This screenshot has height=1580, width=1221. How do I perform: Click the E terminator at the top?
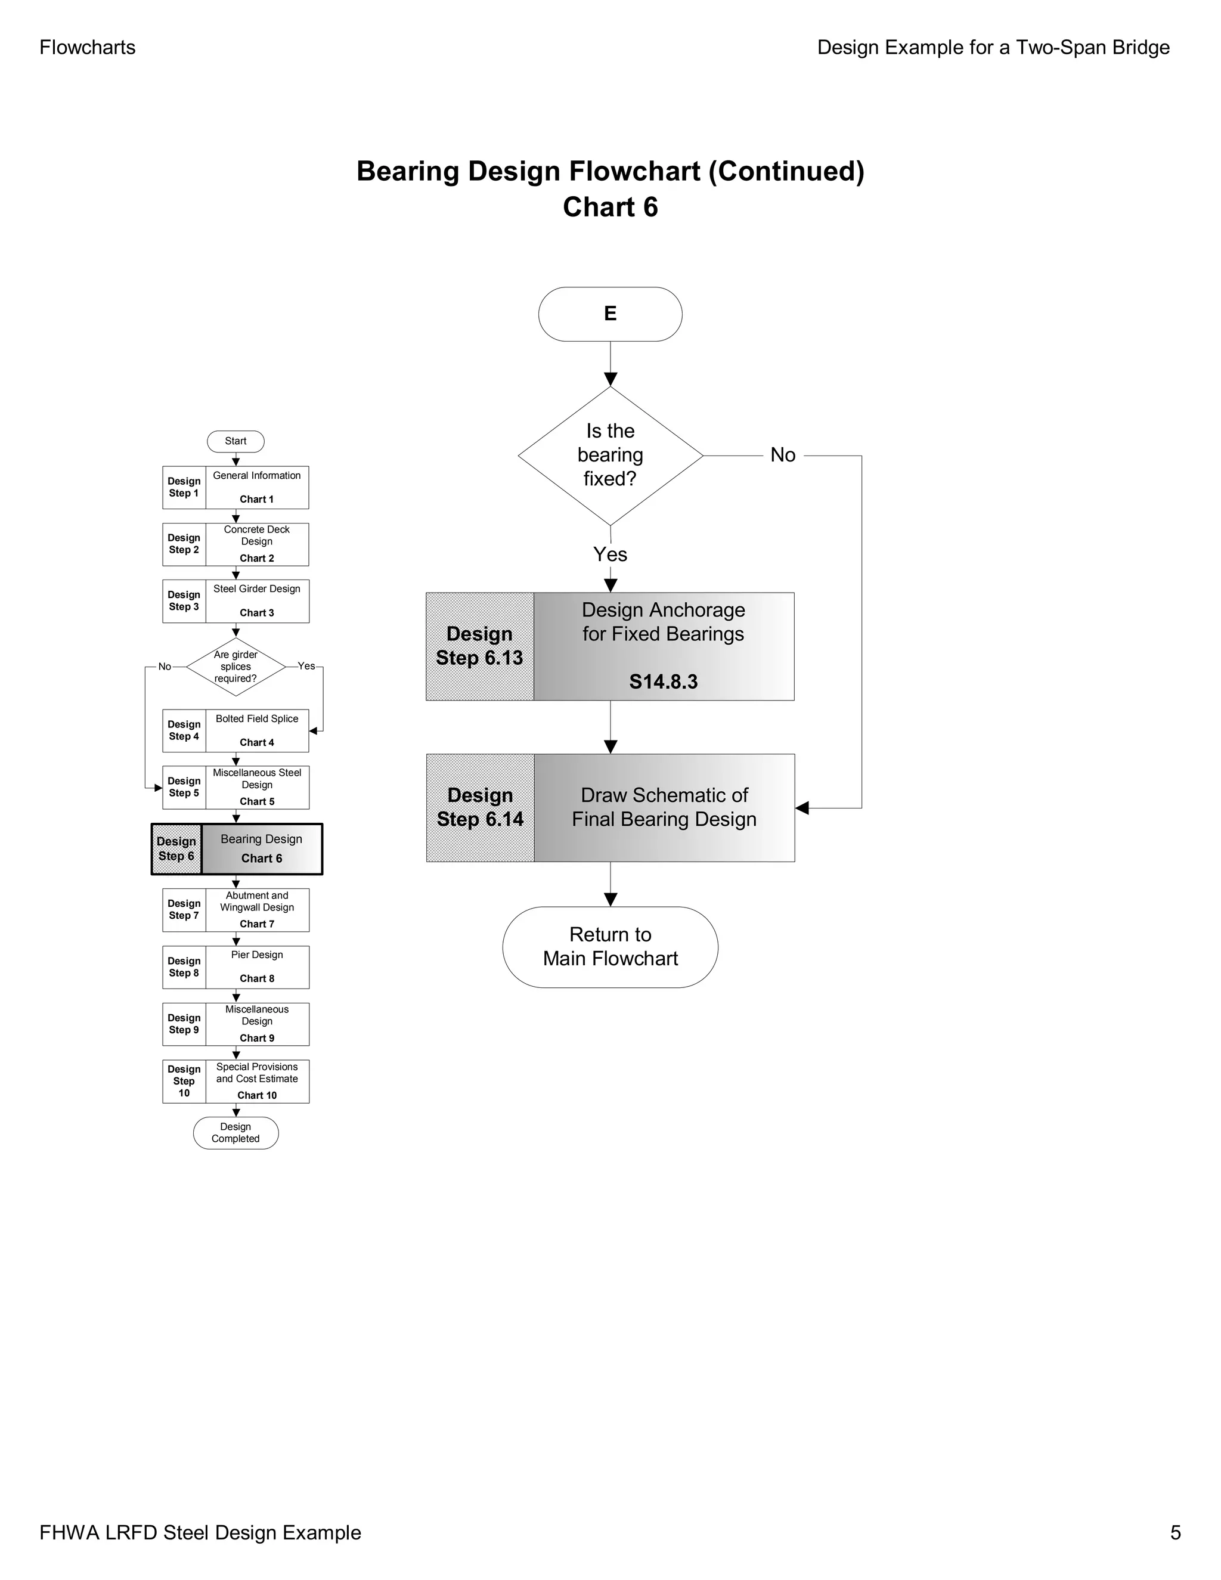pyautogui.click(x=610, y=314)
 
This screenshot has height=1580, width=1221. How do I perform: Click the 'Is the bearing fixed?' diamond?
pyautogui.click(x=610, y=456)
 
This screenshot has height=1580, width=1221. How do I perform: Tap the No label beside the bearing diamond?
pyautogui.click(x=783, y=455)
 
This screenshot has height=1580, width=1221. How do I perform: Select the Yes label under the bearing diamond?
pyautogui.click(x=610, y=554)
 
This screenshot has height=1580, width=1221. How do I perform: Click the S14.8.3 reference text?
pyautogui.click(x=664, y=681)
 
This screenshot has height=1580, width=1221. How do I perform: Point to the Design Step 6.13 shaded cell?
pyautogui.click(x=479, y=646)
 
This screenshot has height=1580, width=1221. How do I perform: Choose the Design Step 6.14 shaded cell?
pyautogui.click(x=481, y=807)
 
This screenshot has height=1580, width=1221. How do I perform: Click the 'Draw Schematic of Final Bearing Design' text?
pyautogui.click(x=664, y=807)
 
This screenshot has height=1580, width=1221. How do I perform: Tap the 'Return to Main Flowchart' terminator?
pyautogui.click(x=610, y=947)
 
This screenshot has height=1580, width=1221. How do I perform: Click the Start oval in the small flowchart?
pyautogui.click(x=236, y=441)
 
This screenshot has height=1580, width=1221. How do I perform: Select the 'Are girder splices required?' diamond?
pyautogui.click(x=236, y=667)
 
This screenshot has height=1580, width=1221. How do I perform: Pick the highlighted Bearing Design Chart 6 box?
pyautogui.click(x=237, y=849)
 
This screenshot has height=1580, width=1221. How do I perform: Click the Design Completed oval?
pyautogui.click(x=236, y=1133)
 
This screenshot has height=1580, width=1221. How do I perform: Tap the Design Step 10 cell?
pyautogui.click(x=184, y=1082)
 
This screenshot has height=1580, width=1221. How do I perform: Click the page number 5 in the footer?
pyautogui.click(x=1176, y=1533)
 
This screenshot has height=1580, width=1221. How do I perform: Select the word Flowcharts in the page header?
pyautogui.click(x=88, y=48)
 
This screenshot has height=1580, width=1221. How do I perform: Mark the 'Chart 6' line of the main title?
pyautogui.click(x=610, y=207)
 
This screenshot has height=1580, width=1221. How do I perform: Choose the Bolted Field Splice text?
pyautogui.click(x=257, y=719)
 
